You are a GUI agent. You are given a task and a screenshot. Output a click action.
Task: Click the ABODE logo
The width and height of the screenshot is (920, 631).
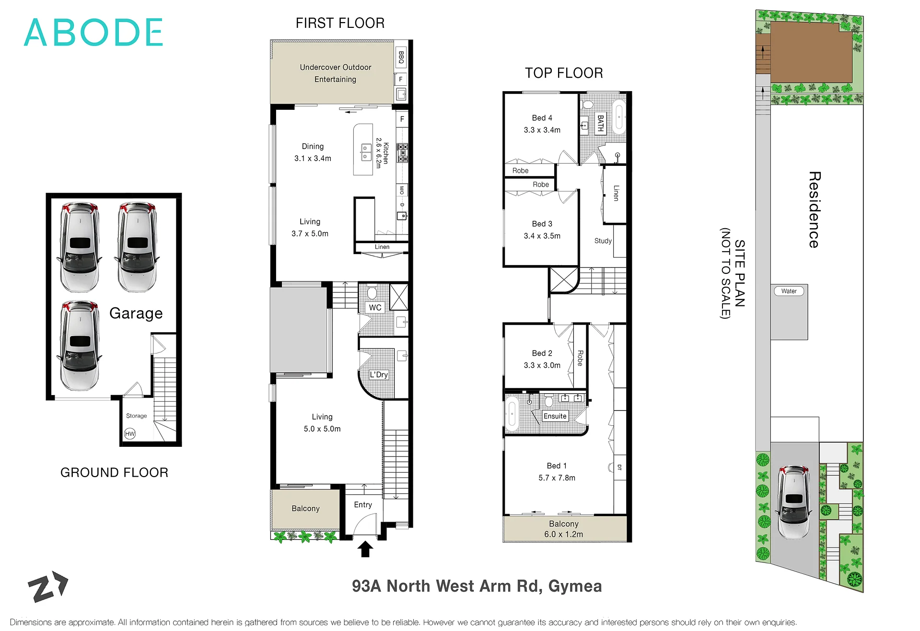[93, 32]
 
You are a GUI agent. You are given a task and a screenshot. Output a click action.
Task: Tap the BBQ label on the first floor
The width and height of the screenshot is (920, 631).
[401, 58]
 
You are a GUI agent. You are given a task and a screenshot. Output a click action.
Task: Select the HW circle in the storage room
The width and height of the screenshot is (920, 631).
[130, 434]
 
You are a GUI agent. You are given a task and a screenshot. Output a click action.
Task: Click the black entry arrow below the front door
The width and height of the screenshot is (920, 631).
[365, 549]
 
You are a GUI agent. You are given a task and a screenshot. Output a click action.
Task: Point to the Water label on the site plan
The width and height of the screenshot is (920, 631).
[789, 291]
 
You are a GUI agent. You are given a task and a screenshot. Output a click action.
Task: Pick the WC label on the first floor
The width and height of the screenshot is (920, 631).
[375, 307]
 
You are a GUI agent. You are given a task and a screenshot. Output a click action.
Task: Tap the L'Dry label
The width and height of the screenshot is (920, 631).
[378, 374]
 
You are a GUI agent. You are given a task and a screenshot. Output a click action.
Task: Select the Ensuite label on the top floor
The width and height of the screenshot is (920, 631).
[555, 416]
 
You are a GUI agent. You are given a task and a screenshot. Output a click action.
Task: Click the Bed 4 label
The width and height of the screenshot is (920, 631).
[542, 118]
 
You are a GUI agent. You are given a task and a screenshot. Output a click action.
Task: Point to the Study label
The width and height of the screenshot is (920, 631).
[603, 241]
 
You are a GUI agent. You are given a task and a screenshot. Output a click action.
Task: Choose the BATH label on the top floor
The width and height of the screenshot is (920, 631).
[600, 123]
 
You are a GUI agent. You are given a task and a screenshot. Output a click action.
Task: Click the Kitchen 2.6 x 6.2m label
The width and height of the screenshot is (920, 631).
[382, 153]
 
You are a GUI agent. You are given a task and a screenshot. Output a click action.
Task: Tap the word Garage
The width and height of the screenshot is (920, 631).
[136, 313]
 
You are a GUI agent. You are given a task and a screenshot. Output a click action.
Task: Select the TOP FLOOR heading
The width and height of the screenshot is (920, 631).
[564, 73]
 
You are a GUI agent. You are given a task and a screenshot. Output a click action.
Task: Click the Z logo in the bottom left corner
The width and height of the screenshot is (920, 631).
[48, 586]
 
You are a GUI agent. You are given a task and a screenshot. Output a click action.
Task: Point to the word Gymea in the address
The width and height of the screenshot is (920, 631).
[575, 586]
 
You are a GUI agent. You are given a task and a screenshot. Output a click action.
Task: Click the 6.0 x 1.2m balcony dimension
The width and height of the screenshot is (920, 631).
[564, 534]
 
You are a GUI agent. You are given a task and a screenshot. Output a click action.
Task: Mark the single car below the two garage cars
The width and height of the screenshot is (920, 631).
[80, 345]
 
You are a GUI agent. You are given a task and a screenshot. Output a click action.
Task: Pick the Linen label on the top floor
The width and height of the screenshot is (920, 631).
[616, 193]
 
